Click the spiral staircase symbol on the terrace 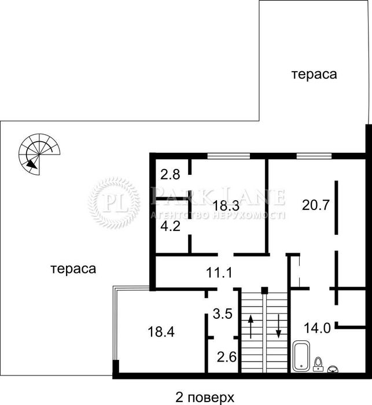point(39,154)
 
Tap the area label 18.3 point(226,206)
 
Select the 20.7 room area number point(316,205)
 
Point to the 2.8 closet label point(170,174)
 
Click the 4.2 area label point(170,226)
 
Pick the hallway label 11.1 point(219,273)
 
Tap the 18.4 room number point(161,332)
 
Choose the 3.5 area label point(223,314)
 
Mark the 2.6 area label point(227,357)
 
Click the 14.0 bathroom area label point(317,329)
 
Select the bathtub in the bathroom point(301,356)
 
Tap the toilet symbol point(318,364)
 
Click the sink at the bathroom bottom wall point(333,369)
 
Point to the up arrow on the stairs point(251,326)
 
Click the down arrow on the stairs point(278,326)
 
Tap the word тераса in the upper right point(314,75)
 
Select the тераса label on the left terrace point(73,269)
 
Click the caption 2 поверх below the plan point(205,397)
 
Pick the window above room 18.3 point(229,156)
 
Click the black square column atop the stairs point(264,290)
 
